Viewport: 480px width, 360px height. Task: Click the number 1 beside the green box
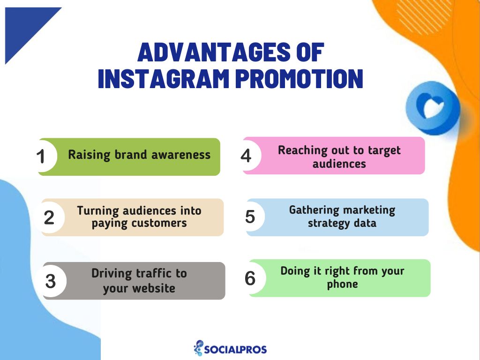click(x=41, y=157)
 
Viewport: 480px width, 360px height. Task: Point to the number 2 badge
click(x=49, y=217)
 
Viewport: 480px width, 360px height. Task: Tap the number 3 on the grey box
click(x=51, y=281)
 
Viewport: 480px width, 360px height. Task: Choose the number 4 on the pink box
click(x=246, y=156)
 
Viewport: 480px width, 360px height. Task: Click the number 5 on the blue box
click(x=250, y=217)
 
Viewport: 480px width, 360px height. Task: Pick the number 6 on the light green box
click(x=250, y=278)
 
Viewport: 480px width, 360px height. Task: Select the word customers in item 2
click(x=159, y=223)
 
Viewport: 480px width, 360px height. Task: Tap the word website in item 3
click(x=154, y=288)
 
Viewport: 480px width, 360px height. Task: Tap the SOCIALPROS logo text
click(x=235, y=350)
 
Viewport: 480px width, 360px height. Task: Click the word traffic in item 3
click(x=153, y=273)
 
